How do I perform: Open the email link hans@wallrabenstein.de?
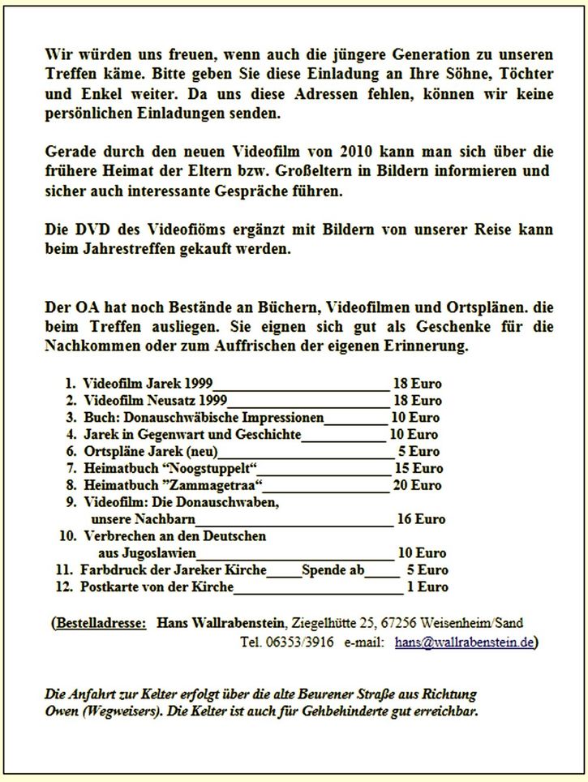(x=465, y=642)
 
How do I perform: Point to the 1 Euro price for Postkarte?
(x=427, y=586)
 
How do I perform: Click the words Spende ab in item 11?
(x=333, y=570)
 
